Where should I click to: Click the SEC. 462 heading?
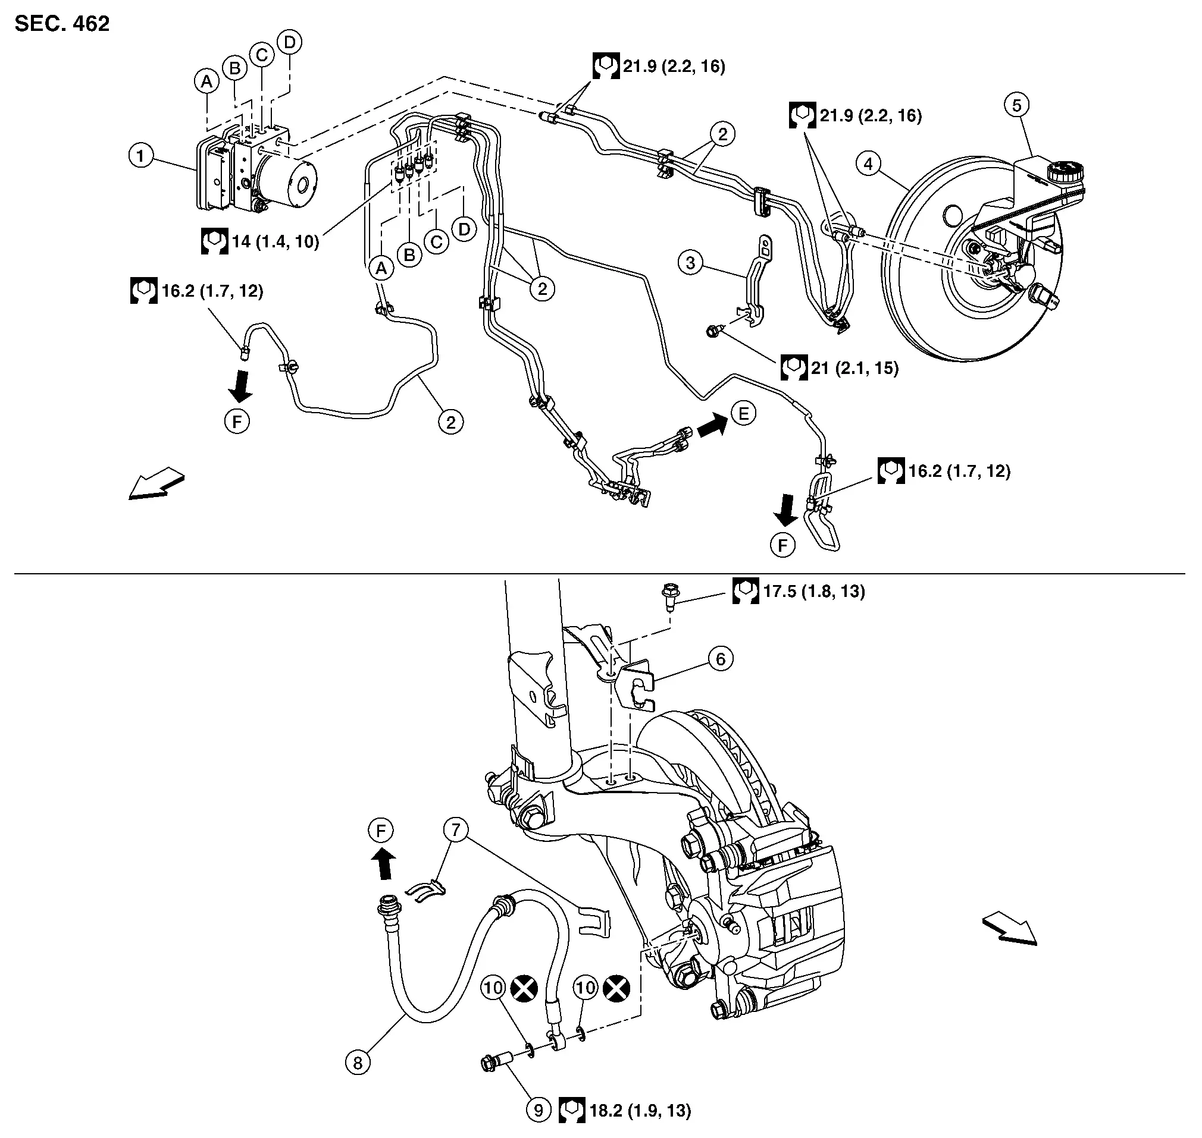[x=62, y=24]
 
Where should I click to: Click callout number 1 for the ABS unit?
[x=141, y=156]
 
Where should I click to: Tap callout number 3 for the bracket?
[x=690, y=263]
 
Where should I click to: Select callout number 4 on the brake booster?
[x=868, y=164]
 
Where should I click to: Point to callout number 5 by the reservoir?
[x=1016, y=105]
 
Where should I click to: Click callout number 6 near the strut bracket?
[x=721, y=659]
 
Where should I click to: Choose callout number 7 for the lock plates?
[x=456, y=829]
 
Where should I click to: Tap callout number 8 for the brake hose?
[x=358, y=1062]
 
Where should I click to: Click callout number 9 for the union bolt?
[x=538, y=1110]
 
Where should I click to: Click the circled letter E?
[x=744, y=414]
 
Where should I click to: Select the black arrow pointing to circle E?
[x=712, y=425]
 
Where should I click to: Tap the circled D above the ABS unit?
[x=290, y=42]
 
